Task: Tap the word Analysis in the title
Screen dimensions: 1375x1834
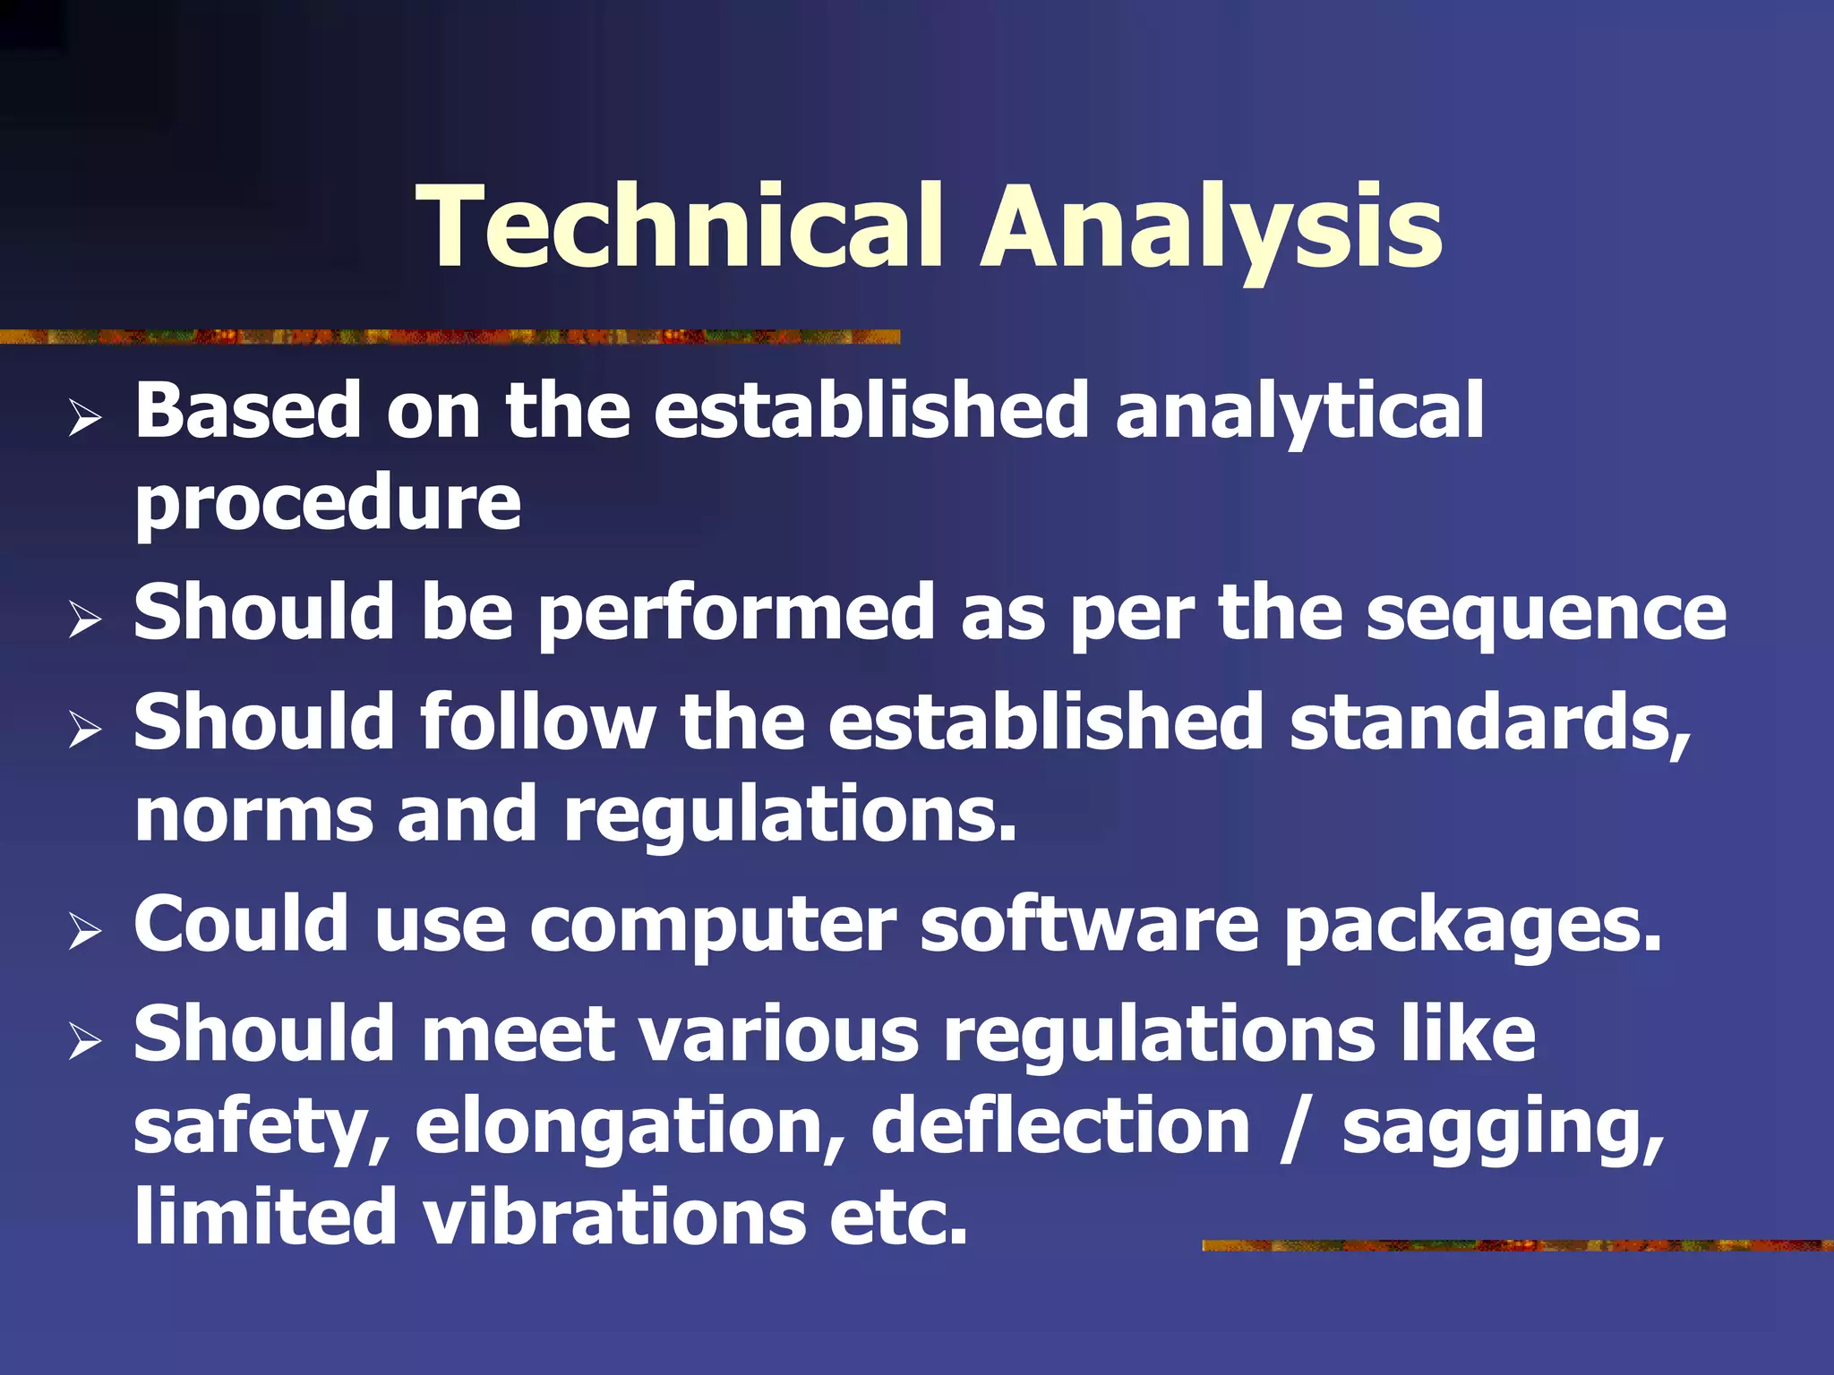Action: click(1211, 226)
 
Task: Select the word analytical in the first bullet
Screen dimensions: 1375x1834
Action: click(1298, 412)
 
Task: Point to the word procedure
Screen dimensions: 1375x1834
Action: click(328, 503)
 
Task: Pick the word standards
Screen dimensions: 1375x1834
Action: click(1490, 723)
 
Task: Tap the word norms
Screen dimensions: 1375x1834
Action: click(253, 815)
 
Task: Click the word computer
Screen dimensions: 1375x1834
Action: click(713, 926)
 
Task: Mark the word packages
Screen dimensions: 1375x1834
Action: click(1473, 927)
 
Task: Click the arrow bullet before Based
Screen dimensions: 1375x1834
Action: click(84, 418)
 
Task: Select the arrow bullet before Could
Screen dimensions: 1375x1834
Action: click(84, 931)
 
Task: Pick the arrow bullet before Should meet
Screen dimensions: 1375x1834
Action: click(84, 1040)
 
